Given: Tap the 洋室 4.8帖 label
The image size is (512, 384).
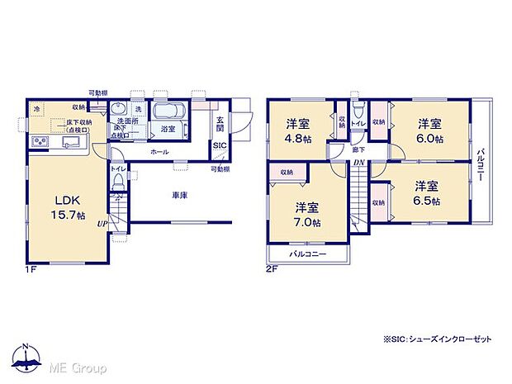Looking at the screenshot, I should (298, 131).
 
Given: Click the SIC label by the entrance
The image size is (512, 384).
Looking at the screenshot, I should (220, 145).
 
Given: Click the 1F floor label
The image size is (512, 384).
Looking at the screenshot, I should (31, 268).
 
